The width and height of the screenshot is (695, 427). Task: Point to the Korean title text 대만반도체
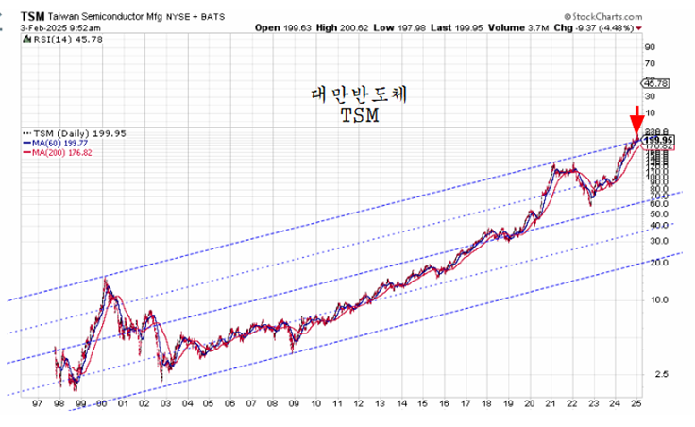tap(364, 95)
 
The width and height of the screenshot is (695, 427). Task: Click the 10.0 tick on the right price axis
tap(653, 299)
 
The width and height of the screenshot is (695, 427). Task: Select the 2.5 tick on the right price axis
tap(650, 374)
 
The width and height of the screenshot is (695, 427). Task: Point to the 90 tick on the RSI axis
tap(649, 45)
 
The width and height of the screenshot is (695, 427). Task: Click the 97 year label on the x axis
tap(35, 402)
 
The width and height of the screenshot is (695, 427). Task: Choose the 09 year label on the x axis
tap(295, 402)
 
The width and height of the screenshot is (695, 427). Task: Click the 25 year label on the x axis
tap(637, 402)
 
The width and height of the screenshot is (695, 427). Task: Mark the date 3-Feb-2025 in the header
tap(29, 28)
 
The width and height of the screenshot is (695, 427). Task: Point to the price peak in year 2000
tap(105, 277)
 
